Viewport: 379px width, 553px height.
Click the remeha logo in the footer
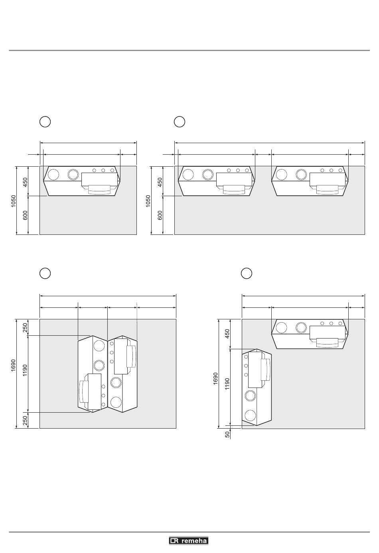point(189,541)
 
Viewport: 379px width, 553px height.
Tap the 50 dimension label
point(227,434)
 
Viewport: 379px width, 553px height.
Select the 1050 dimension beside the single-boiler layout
point(13,201)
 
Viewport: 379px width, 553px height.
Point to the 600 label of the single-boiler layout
point(25,215)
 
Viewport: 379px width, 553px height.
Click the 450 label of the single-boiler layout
point(25,182)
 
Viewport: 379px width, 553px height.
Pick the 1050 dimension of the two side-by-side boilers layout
point(148,201)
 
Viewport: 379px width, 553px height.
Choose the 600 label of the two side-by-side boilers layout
point(160,215)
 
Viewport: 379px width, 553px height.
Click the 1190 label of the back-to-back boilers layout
point(25,370)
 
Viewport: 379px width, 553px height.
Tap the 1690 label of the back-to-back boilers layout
point(13,365)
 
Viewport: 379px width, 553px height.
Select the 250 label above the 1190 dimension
point(25,328)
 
